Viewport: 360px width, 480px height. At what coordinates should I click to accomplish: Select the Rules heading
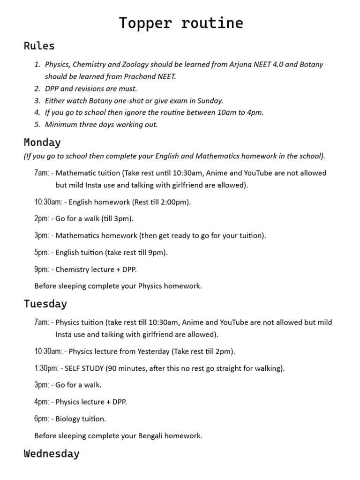coord(39,46)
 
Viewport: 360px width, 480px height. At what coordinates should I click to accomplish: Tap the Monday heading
coord(42,142)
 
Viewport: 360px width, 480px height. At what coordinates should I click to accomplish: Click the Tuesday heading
coord(45,304)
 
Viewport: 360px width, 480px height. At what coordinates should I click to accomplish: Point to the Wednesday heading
coord(52,454)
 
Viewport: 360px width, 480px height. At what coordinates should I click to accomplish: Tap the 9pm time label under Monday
coord(41,270)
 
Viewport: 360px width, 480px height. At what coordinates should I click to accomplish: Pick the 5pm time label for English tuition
coord(41,253)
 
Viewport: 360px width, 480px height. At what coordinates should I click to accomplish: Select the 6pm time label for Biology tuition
coord(41,419)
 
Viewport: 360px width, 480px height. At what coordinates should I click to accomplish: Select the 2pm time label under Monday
coord(41,218)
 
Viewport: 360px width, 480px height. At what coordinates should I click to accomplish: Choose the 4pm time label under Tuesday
coord(41,402)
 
